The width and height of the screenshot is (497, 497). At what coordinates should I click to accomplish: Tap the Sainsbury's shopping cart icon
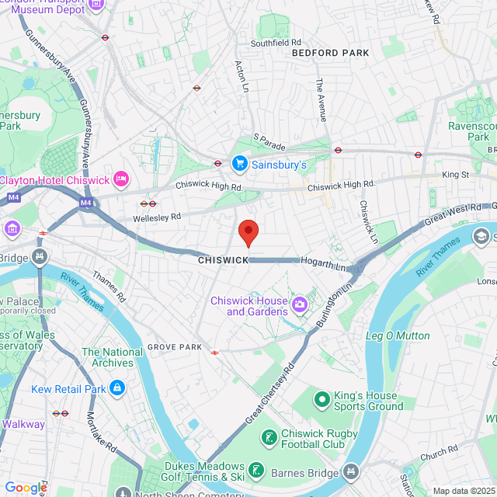240,164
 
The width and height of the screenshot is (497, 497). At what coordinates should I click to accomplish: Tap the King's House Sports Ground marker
321,399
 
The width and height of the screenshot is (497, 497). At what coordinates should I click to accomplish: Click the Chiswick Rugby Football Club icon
269,437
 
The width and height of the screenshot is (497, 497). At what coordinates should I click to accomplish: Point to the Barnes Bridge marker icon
350,471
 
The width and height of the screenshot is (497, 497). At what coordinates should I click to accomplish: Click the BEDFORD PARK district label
331,53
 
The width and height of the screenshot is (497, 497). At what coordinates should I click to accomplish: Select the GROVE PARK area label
175,347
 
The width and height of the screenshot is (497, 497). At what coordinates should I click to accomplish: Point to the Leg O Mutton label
397,335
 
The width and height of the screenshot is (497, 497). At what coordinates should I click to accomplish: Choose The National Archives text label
112,357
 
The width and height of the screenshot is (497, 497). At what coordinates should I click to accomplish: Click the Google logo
25,487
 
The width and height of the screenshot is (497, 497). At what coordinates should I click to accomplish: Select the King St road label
452,176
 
